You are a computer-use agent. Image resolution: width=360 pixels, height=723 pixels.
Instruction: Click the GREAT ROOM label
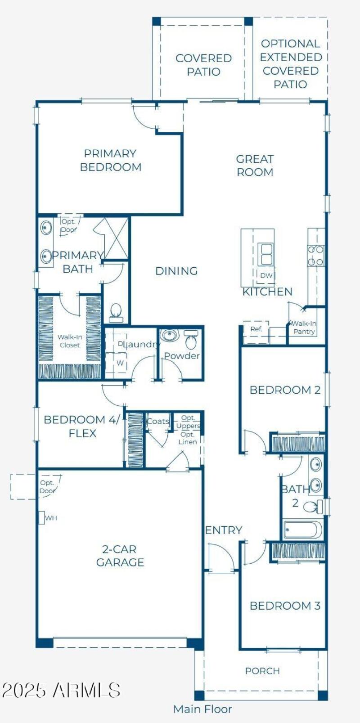255,166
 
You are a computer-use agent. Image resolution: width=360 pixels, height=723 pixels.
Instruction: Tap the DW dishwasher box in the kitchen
266,275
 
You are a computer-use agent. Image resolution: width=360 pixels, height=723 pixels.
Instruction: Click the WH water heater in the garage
42,518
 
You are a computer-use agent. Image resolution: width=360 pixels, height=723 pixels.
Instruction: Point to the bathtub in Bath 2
302,530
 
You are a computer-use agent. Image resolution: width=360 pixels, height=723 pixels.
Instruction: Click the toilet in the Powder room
191,340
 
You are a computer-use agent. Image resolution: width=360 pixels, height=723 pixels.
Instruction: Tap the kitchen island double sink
266,255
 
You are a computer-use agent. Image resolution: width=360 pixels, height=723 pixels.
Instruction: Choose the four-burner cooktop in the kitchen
316,256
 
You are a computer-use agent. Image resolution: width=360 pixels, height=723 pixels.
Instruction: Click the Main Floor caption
202,709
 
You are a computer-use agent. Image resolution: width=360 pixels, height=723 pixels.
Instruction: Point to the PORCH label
262,671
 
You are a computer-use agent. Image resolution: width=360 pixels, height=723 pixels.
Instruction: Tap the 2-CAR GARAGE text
120,556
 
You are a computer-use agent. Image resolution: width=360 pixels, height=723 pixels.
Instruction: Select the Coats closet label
158,421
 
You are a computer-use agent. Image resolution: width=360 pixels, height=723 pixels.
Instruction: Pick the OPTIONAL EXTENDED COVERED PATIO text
291,64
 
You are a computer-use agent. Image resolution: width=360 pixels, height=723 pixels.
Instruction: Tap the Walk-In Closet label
70,341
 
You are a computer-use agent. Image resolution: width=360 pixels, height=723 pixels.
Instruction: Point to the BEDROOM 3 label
285,606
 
